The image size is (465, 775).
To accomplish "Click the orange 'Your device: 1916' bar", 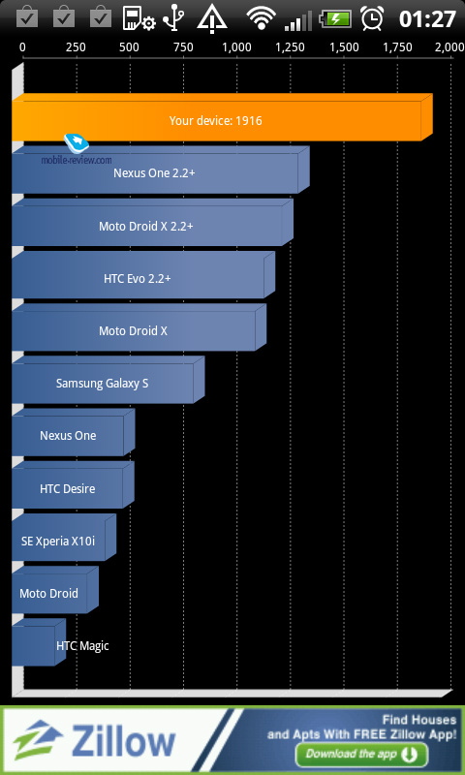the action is tap(222, 117).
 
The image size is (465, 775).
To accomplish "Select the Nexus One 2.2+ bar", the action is tap(161, 170).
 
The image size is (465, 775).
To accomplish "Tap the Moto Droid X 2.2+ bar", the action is tap(152, 223).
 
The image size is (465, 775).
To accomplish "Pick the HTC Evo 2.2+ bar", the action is tap(143, 275).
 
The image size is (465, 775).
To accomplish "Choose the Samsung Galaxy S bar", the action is tap(108, 380).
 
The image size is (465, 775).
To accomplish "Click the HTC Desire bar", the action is tap(73, 485).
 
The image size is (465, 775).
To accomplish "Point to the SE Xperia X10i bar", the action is tap(64, 538).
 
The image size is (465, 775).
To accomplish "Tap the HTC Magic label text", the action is tap(82, 645).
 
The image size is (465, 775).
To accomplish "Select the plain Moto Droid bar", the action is tap(55, 590).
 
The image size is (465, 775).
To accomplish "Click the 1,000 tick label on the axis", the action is tap(236, 47).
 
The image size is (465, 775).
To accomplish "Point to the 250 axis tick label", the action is tap(76, 47).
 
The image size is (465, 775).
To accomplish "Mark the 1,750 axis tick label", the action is tap(397, 47).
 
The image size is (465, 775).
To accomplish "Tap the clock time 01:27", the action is tap(427, 19).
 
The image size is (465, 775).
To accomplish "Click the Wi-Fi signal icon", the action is tap(262, 19).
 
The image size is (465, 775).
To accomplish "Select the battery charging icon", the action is tap(335, 19).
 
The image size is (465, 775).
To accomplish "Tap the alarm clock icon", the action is tap(372, 18).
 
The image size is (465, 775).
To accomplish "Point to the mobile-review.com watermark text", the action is tap(77, 160).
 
